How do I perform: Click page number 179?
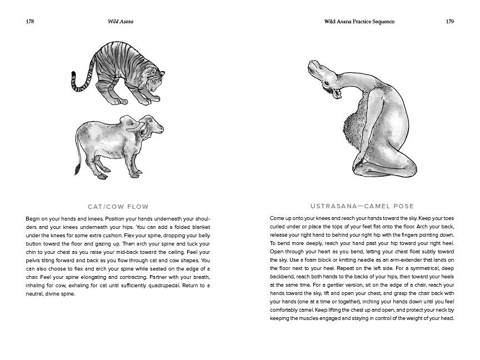(x=449, y=22)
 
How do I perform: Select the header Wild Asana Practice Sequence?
(x=359, y=22)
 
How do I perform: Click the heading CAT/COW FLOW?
(x=118, y=207)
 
